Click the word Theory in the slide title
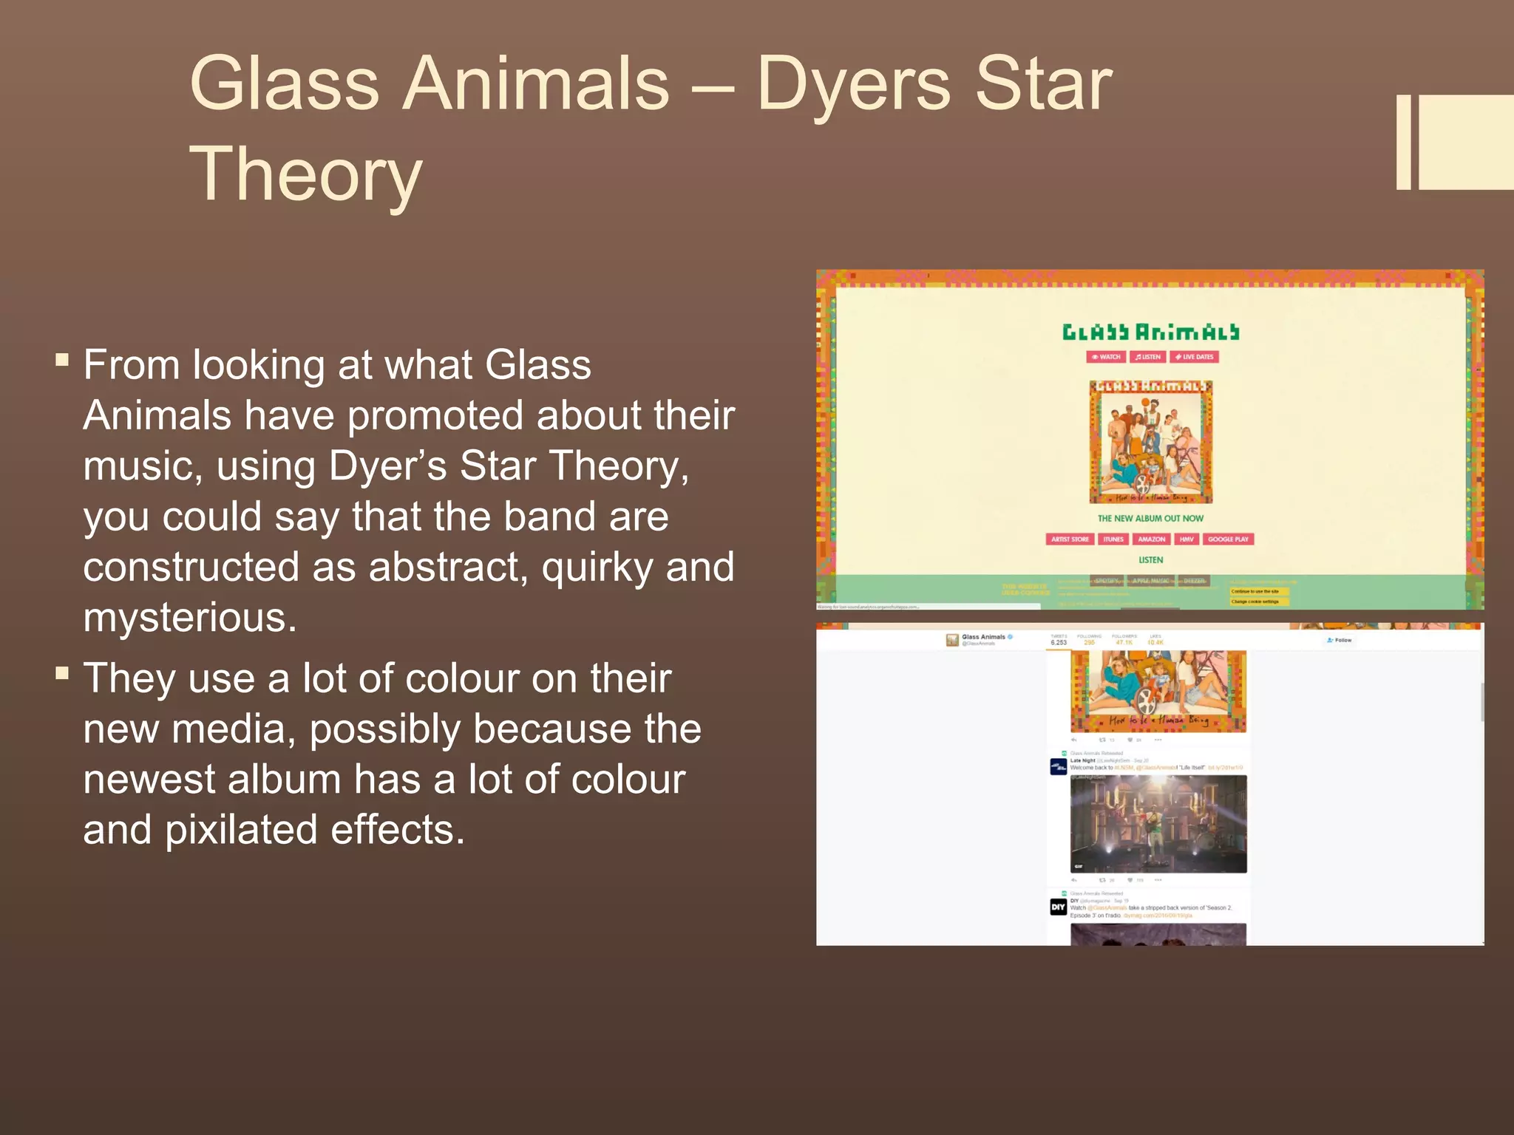point(306,174)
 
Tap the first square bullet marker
point(62,361)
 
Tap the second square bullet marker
point(62,673)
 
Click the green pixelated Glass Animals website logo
point(1150,333)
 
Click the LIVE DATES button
point(1194,357)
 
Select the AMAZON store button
point(1151,539)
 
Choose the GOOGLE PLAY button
point(1227,539)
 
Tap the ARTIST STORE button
point(1070,539)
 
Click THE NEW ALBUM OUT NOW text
point(1150,519)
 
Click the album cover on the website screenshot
point(1150,442)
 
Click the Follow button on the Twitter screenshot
point(1340,640)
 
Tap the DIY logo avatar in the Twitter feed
point(1058,907)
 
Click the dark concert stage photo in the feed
point(1158,824)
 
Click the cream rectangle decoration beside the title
point(1464,142)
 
